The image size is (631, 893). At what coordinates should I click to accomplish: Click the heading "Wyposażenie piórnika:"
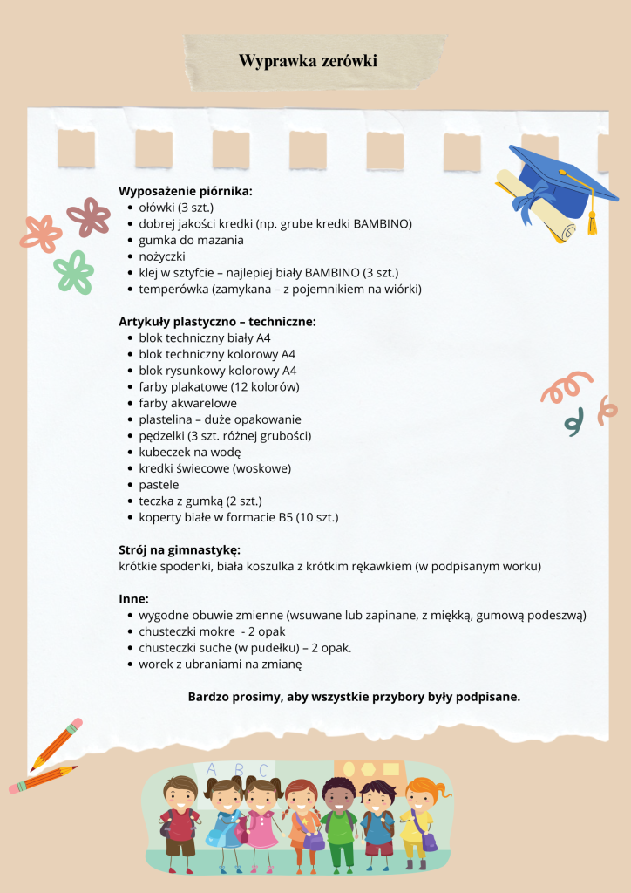point(185,190)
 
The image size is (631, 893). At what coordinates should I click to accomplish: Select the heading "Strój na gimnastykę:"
point(179,549)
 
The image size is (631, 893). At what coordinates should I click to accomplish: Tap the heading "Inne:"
point(133,599)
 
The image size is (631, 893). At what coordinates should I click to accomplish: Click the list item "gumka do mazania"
point(191,240)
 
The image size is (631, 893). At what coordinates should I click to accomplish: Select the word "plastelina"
point(167,419)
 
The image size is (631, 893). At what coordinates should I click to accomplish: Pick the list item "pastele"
point(159,484)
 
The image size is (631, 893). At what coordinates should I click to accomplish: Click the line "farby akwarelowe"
point(187,403)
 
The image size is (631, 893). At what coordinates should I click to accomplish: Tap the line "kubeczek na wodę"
point(189,452)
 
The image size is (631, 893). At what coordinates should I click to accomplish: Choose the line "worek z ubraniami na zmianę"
point(220,665)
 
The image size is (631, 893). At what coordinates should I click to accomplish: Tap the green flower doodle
point(73,271)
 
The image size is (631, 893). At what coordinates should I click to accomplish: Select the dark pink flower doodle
point(88,216)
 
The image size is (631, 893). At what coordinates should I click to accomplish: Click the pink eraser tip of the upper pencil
point(76,725)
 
